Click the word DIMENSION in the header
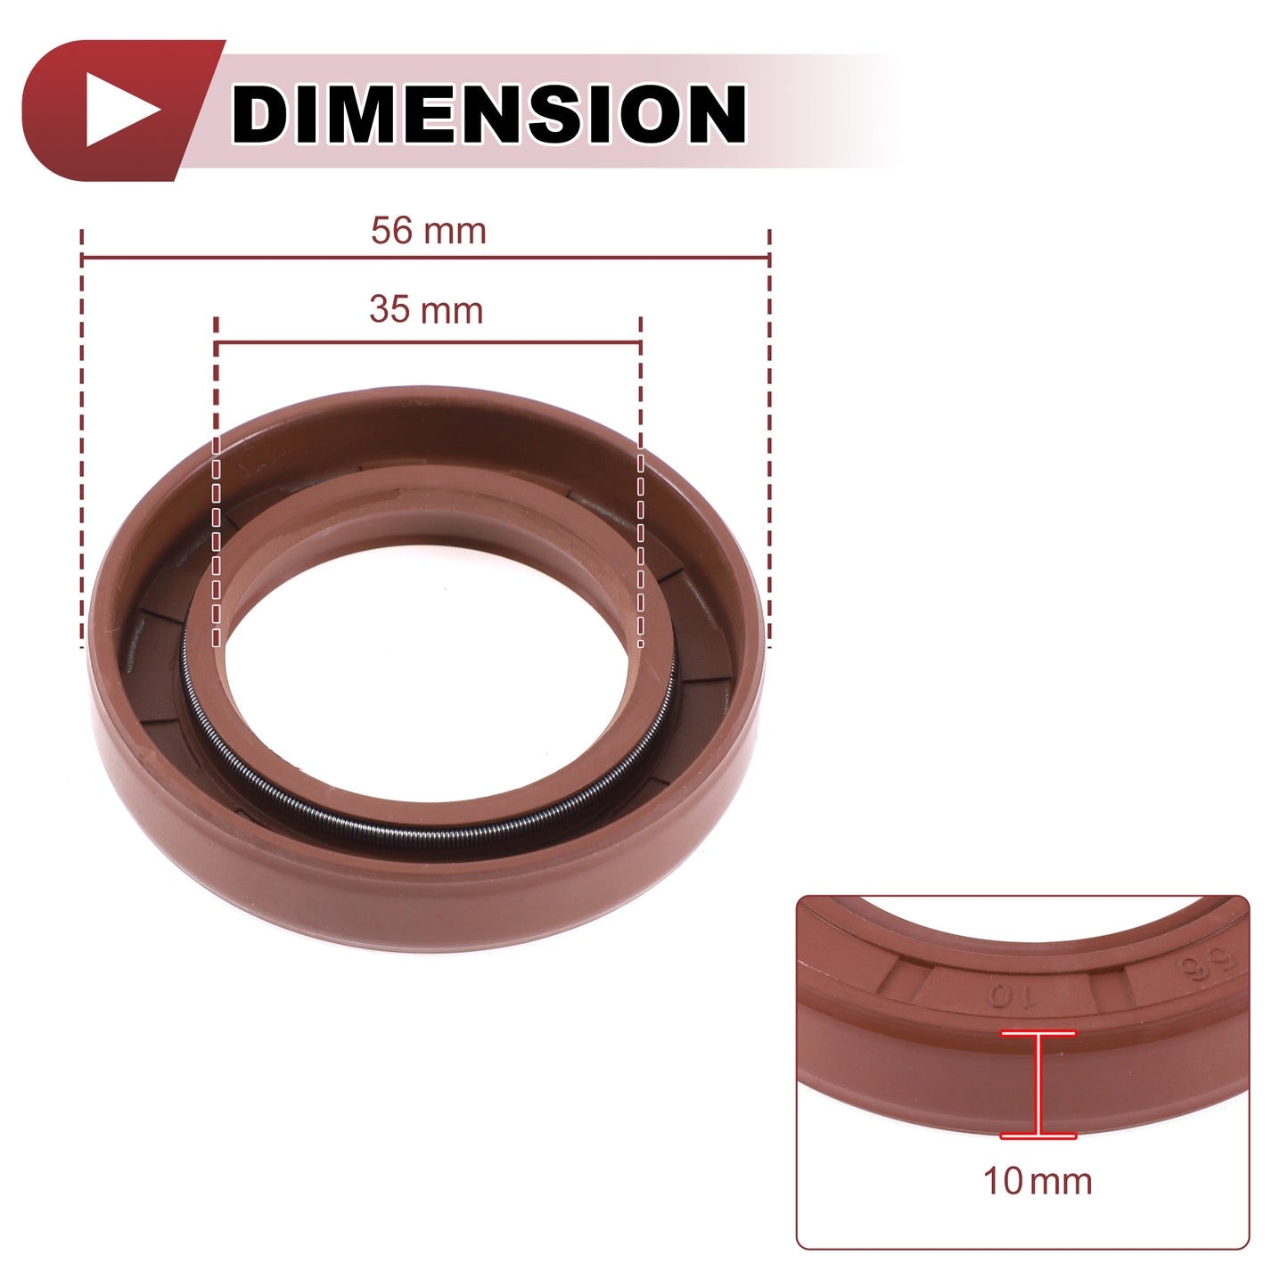[x=488, y=113]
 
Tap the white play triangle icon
[x=123, y=110]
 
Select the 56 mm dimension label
[x=429, y=231]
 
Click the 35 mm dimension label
[x=426, y=310]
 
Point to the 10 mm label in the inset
[x=1037, y=1181]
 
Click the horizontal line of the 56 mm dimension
[x=425, y=257]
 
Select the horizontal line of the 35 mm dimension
[x=428, y=343]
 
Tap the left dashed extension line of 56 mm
[x=81, y=439]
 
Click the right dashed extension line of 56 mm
[x=770, y=439]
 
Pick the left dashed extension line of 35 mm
[x=216, y=481]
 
